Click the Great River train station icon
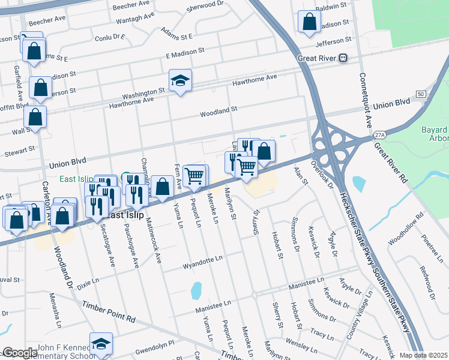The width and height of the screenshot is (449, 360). [x=343, y=58]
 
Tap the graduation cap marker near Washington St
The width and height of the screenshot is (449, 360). [x=179, y=81]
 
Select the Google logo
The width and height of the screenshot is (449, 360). [x=20, y=353]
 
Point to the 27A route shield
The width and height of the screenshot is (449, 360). [x=379, y=136]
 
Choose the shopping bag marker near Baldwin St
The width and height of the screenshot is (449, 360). [x=309, y=22]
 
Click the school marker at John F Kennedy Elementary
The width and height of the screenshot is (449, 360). [x=101, y=344]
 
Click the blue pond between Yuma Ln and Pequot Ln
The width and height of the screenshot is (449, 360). [x=196, y=290]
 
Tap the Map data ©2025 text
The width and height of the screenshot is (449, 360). [x=423, y=355]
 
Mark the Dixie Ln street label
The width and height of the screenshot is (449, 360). [x=87, y=281]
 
